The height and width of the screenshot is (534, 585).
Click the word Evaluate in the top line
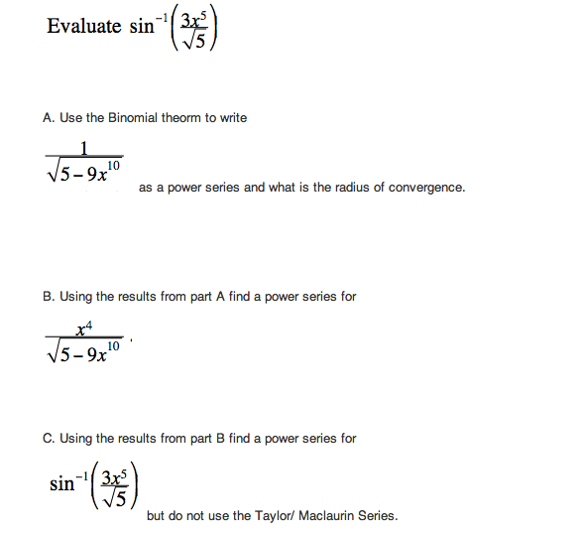(83, 27)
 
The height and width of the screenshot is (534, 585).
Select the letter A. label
(49, 118)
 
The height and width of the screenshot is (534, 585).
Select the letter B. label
(49, 296)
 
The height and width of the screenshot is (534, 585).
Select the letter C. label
(49, 438)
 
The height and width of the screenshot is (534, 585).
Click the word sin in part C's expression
(61, 485)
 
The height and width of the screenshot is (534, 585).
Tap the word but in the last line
(156, 516)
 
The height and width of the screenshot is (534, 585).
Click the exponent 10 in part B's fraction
(114, 344)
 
